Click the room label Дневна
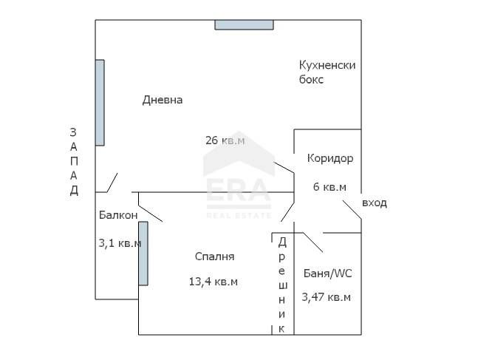(x=163, y=100)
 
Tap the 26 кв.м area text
(x=225, y=139)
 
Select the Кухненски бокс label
(x=327, y=72)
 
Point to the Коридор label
(x=330, y=158)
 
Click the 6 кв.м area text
(x=330, y=187)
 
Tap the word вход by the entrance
(x=375, y=203)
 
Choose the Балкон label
(x=118, y=215)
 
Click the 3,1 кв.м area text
(x=120, y=242)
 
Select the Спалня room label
(x=214, y=257)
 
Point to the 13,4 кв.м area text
(x=214, y=281)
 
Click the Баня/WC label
(x=328, y=274)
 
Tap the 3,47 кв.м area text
(x=326, y=297)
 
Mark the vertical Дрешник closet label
(x=281, y=284)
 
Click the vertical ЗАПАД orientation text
(x=73, y=161)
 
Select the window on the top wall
(x=244, y=24)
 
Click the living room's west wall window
(x=100, y=102)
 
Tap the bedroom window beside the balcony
(x=143, y=253)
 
